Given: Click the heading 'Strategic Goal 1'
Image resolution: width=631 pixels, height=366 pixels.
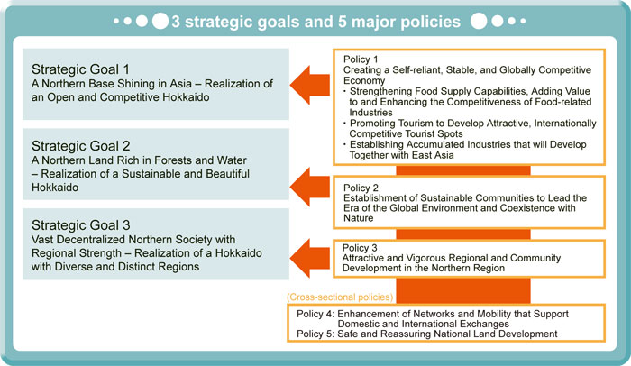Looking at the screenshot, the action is pyautogui.click(x=80, y=69).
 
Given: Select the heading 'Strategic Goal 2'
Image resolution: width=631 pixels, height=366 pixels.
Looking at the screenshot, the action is pyautogui.click(x=81, y=146).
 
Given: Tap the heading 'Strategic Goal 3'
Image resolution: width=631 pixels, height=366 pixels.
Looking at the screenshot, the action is pyautogui.click(x=81, y=225).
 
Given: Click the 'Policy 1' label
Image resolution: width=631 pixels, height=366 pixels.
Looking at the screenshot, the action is pyautogui.click(x=361, y=59).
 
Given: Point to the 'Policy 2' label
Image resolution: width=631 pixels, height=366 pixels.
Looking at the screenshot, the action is pyautogui.click(x=361, y=188).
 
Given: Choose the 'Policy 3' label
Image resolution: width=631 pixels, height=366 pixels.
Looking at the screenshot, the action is pyautogui.click(x=360, y=248).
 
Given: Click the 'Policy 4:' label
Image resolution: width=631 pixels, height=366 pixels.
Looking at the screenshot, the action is pyautogui.click(x=315, y=314).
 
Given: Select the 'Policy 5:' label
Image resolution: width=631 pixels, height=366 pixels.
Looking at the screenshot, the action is pyautogui.click(x=315, y=334).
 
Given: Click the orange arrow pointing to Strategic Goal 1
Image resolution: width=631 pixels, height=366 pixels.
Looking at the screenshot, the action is pyautogui.click(x=310, y=85).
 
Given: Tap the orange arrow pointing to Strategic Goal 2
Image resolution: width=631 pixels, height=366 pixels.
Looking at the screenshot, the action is pyautogui.click(x=310, y=187).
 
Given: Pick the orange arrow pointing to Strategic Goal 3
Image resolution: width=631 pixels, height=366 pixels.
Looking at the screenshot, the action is pyautogui.click(x=310, y=258).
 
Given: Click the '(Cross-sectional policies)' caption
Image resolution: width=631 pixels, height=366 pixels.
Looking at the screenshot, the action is pyautogui.click(x=340, y=297).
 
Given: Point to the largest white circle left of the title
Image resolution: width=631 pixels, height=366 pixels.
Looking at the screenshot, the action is pyautogui.click(x=160, y=21).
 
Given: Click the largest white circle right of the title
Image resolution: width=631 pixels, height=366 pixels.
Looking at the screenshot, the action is pyautogui.click(x=479, y=21).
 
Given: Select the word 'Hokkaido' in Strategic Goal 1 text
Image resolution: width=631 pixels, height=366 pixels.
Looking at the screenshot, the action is pyautogui.click(x=186, y=97).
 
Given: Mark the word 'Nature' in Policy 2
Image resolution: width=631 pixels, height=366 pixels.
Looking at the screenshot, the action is pyautogui.click(x=359, y=218).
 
